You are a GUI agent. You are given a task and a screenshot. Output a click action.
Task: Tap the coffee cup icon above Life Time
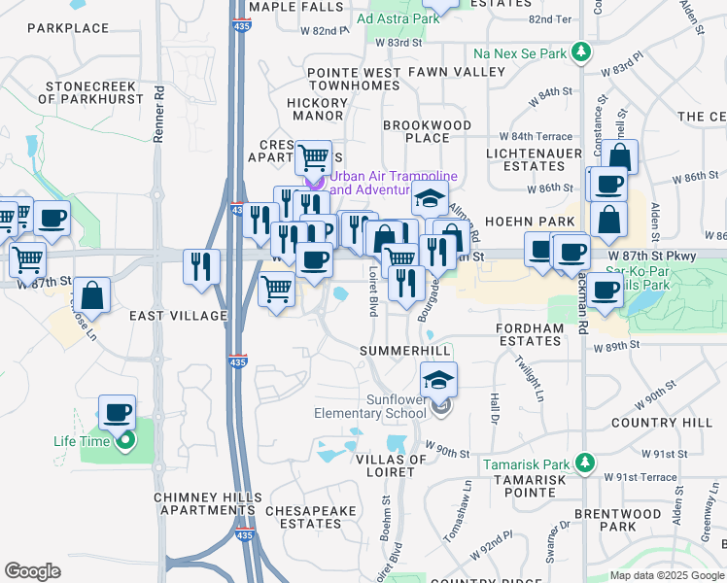click(117, 412)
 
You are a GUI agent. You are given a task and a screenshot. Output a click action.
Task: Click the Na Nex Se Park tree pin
click(580, 51)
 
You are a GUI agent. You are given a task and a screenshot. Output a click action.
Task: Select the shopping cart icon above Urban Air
click(313, 155)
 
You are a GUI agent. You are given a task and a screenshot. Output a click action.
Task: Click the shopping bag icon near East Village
click(91, 294)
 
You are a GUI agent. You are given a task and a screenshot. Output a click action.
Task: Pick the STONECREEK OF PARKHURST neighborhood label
click(91, 92)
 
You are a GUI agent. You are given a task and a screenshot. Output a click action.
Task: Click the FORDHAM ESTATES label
click(530, 335)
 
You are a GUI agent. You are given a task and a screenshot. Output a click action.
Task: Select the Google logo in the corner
click(32, 570)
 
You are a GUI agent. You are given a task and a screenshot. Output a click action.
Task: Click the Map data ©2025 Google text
click(665, 575)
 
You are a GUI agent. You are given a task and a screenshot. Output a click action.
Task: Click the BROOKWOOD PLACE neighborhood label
click(427, 131)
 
